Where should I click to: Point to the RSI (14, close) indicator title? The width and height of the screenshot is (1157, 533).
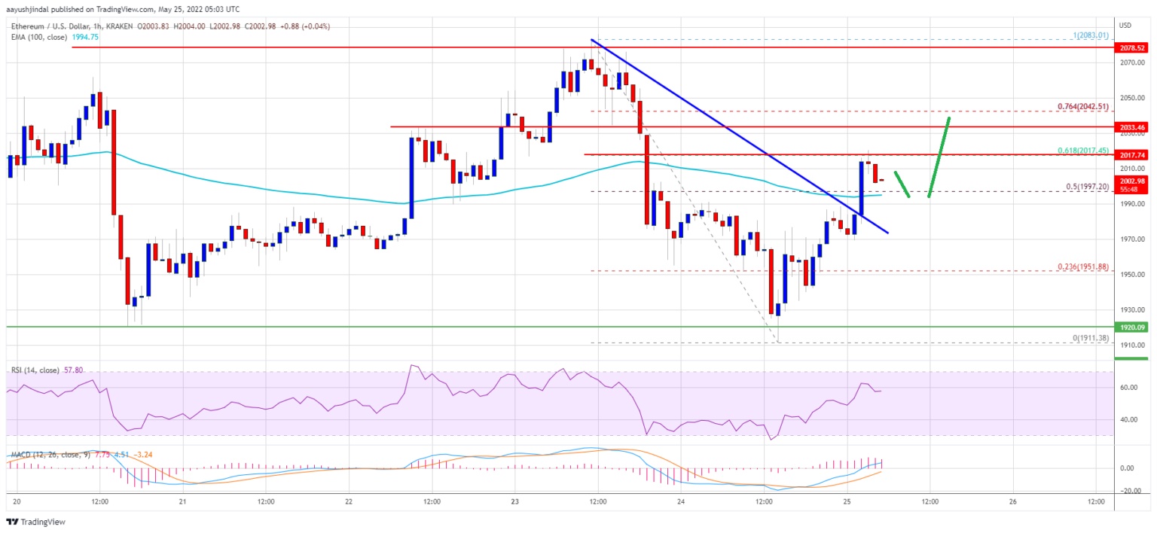pos(38,370)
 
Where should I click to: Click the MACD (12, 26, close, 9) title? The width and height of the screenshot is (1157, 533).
pos(48,455)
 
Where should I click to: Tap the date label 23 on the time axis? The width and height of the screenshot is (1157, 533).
pos(514,501)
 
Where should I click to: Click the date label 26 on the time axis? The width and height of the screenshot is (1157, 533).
pos(1013,501)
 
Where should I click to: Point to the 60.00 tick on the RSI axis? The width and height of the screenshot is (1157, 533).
pos(1128,388)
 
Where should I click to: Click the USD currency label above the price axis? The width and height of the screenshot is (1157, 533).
pos(1126,25)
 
